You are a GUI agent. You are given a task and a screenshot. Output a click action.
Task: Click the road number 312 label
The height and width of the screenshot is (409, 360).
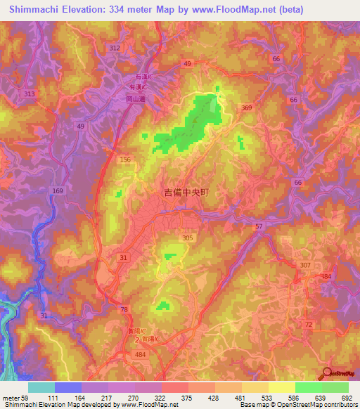115,47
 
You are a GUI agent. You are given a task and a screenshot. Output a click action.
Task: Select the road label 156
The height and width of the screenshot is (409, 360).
125,160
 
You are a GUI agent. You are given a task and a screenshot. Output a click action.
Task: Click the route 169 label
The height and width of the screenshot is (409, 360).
58,191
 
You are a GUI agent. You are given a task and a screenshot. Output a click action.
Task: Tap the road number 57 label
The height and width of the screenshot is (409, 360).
259,226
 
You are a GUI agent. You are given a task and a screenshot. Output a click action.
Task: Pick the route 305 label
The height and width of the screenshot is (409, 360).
188,238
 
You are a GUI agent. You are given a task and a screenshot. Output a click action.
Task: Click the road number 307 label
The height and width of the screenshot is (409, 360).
304,265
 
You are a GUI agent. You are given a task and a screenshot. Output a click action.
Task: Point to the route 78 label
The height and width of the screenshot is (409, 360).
124,310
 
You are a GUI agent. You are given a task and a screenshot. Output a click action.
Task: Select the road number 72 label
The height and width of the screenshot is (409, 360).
308,324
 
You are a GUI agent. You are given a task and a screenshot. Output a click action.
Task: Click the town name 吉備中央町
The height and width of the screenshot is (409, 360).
186,191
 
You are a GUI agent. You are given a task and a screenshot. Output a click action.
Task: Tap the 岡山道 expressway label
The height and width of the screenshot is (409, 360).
126,100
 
